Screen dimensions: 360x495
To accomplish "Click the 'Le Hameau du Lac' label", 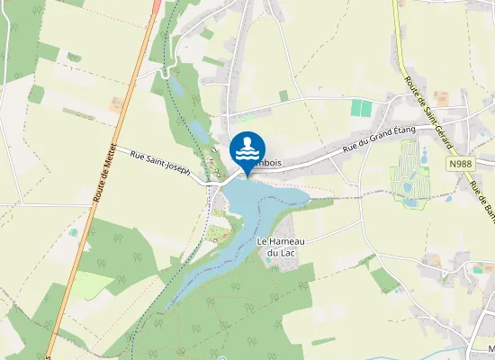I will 278,247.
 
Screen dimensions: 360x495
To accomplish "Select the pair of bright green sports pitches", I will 360,108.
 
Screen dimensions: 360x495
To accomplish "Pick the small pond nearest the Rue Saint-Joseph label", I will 197,133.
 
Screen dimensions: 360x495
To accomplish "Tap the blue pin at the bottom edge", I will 221,357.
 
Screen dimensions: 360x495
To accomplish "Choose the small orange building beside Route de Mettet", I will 117,105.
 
